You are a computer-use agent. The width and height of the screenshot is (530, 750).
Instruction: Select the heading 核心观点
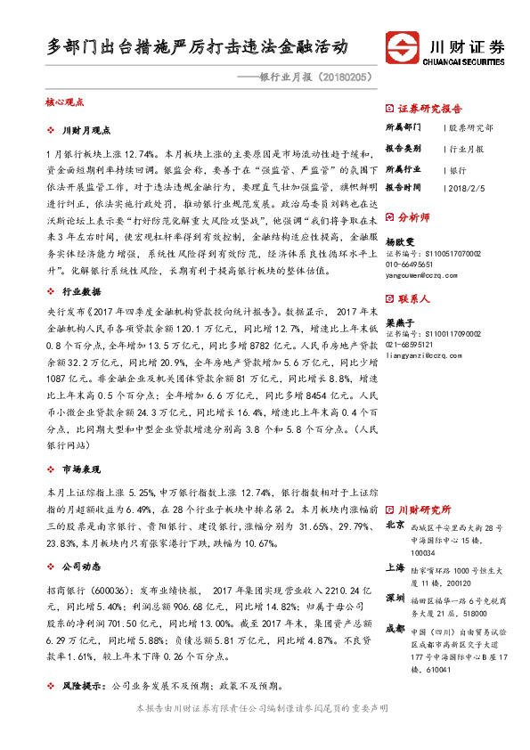[64, 103]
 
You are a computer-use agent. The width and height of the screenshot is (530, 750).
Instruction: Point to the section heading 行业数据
[83, 291]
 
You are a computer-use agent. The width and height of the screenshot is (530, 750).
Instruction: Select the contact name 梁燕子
[401, 325]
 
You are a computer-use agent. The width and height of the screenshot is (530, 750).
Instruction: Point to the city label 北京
[395, 526]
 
